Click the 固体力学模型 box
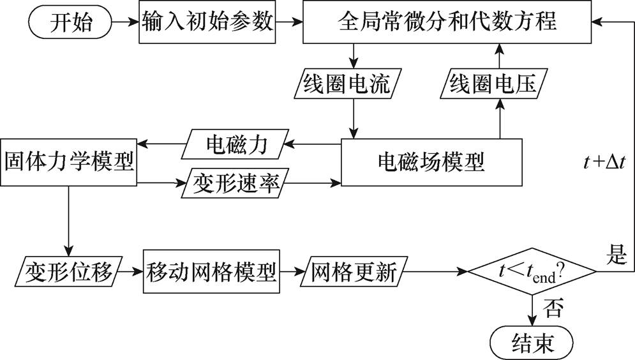[69, 162]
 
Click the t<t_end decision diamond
[532, 273]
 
